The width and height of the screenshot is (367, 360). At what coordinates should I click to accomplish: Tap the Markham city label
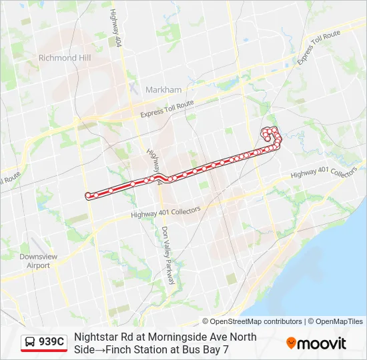[163, 89]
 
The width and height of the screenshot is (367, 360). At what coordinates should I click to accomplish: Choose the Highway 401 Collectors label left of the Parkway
[165, 212]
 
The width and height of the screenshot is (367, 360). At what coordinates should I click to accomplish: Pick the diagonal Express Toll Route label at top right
[319, 47]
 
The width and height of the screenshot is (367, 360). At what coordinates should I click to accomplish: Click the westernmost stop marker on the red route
[88, 195]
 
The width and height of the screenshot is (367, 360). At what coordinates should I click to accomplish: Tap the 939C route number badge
[51, 342]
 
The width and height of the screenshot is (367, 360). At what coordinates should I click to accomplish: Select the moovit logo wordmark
[322, 343]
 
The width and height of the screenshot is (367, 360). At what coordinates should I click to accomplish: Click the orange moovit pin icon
[291, 343]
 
